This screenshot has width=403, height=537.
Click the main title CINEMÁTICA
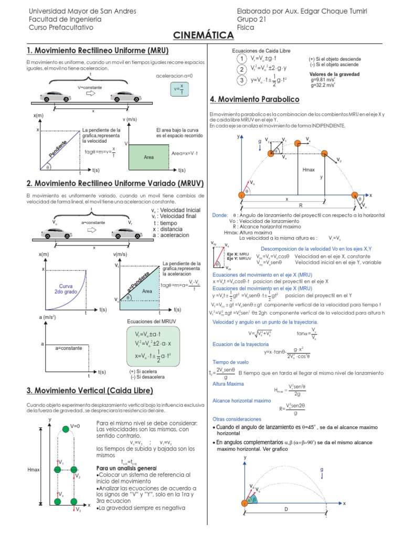coord(204,35)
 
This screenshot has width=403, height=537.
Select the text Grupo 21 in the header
coord(252,19)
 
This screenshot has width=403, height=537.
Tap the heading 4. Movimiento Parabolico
coord(254,99)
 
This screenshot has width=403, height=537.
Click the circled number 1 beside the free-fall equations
coord(241,58)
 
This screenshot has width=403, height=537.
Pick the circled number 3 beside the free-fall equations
coord(241,80)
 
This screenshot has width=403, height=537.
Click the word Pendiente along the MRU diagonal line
coord(58,149)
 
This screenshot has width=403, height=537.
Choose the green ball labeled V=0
coord(65,429)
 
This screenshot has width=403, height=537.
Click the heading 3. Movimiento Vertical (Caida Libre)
coord(90,391)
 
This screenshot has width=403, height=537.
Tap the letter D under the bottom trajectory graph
coord(286,509)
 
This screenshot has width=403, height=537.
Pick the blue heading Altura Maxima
coord(228,384)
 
